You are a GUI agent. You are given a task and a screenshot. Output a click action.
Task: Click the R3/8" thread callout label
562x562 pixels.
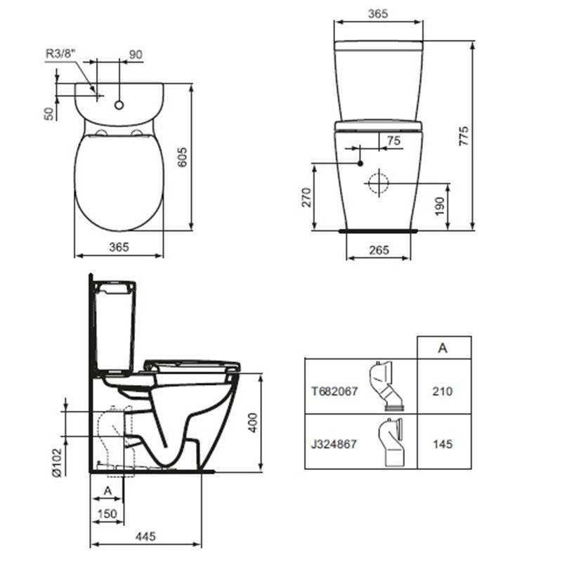61,54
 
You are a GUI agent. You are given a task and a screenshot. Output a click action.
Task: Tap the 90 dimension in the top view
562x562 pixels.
136,55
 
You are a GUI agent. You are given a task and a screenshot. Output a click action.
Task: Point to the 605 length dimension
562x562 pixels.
183,157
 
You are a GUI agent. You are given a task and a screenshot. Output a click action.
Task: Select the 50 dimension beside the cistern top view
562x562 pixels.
48,114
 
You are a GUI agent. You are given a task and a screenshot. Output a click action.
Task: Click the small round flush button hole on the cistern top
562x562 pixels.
119,105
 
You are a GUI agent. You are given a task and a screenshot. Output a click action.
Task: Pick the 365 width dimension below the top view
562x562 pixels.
119,247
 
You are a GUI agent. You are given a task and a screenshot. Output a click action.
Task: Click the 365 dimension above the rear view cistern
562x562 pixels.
378,13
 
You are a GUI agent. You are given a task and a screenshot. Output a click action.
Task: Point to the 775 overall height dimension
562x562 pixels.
464,136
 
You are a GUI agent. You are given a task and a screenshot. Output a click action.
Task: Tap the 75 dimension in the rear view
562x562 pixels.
393,140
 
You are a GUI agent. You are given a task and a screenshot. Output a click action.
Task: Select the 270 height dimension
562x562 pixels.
306,197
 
